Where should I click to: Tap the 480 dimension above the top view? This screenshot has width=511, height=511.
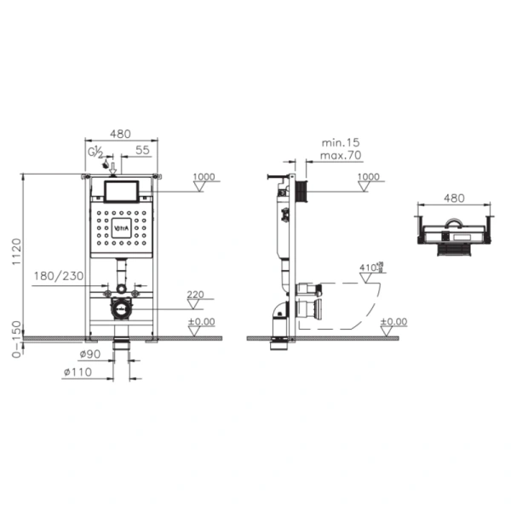(x=452, y=197)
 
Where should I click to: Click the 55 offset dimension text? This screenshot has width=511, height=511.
(x=142, y=149)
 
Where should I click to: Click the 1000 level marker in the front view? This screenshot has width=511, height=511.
(x=204, y=176)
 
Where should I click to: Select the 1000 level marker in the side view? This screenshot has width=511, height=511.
(x=368, y=176)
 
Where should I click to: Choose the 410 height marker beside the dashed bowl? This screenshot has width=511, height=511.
(x=370, y=267)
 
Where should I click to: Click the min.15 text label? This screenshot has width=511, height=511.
(x=339, y=143)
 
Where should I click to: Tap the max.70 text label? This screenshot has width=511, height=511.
(x=339, y=156)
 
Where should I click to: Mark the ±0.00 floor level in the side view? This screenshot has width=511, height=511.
(x=394, y=321)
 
